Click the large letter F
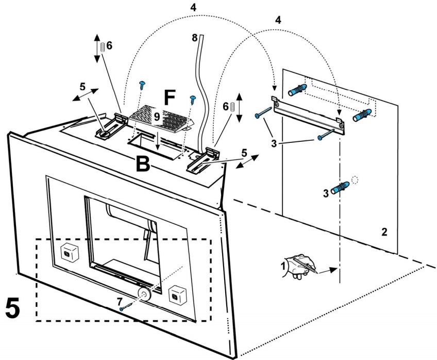coord(170,97)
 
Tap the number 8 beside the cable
coord(194,38)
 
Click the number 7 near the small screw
coord(120,301)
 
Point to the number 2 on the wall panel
coord(384,232)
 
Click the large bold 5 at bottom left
coord(12,307)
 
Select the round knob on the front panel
coord(144,293)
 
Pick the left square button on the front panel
coord(70,253)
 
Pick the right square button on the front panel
coord(177,294)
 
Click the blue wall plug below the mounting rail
coord(340,188)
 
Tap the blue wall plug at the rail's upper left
coord(297,90)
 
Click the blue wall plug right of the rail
coord(362,115)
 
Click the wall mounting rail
coord(308,115)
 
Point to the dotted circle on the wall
coord(354,180)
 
